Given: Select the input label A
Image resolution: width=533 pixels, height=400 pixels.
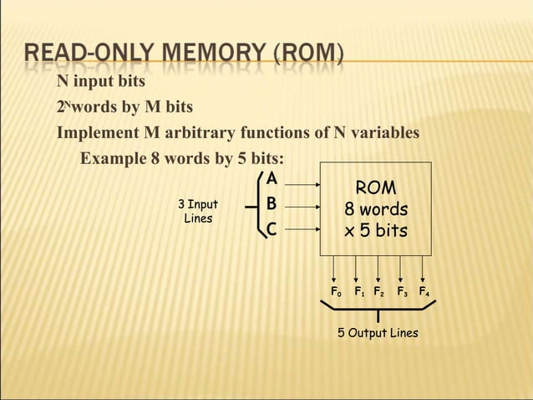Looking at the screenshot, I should point(271,179).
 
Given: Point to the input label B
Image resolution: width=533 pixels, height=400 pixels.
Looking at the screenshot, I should point(271,204).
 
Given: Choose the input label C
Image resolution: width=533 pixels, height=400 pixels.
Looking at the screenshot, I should point(271,229).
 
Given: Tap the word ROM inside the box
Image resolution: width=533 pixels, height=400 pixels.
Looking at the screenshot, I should point(376,187).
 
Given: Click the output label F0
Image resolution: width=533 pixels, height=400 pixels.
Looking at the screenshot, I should point(336,293).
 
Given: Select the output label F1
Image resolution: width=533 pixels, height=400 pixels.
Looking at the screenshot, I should point(358,293).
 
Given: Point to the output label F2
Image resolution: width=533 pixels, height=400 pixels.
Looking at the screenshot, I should point(378,293).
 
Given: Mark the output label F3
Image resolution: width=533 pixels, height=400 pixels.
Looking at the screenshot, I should point(402,293).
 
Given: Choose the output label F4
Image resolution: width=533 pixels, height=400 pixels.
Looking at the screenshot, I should point(424,293).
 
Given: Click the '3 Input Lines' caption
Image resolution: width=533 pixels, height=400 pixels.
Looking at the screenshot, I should point(198,211).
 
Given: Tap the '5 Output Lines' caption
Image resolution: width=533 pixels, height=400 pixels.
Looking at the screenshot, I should point(378,333).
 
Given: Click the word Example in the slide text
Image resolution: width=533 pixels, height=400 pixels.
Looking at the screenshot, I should point(112,160).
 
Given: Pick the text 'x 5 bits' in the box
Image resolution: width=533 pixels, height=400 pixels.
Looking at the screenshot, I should point(376,229).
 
